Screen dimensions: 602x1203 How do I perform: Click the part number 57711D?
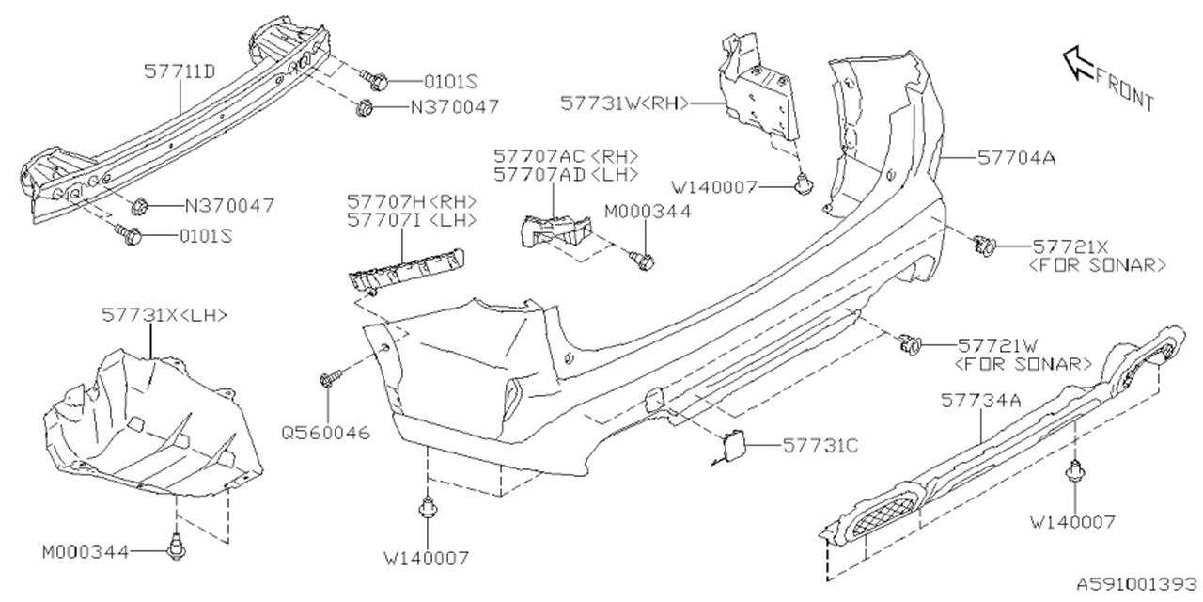pyautogui.click(x=180, y=71)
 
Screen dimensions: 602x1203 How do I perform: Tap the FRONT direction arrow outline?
pyautogui.click(x=1078, y=64)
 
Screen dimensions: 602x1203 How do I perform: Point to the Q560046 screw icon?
pyautogui.click(x=328, y=379)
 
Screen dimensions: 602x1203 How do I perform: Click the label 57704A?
pyautogui.click(x=1016, y=159)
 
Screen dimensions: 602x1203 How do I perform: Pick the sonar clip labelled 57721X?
pyautogui.click(x=985, y=246)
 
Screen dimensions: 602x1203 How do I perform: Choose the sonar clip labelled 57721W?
pyautogui.click(x=910, y=345)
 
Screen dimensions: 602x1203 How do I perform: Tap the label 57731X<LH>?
pyautogui.click(x=164, y=316)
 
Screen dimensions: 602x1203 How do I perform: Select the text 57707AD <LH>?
pyautogui.click(x=567, y=174)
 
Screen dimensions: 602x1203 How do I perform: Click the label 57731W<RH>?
pyautogui.click(x=626, y=103)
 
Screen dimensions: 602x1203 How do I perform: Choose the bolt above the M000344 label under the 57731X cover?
pyautogui.click(x=175, y=546)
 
